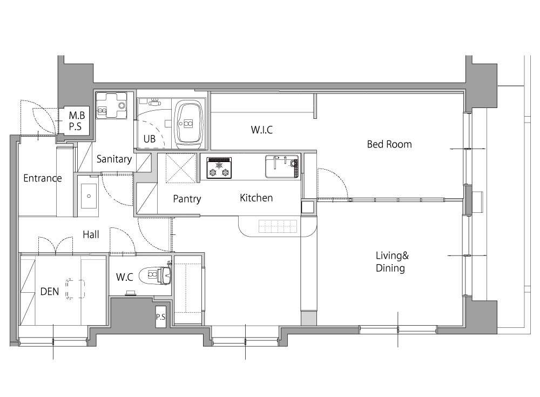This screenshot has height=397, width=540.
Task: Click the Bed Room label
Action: (x=389, y=144)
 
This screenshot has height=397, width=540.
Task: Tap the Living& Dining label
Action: (x=392, y=262)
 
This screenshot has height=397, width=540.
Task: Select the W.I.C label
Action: (x=262, y=130)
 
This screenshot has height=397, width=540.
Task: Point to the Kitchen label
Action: (x=256, y=198)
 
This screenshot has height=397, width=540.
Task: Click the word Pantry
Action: (x=187, y=199)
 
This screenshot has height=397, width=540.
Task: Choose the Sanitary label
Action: (x=114, y=159)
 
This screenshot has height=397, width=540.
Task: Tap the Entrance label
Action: (x=43, y=178)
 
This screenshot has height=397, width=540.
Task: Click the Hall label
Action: (x=91, y=234)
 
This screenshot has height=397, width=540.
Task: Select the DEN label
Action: (x=50, y=292)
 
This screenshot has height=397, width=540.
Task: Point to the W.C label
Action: (x=125, y=277)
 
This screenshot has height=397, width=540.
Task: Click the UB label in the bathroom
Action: (x=150, y=139)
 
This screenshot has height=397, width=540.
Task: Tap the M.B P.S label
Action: (x=77, y=120)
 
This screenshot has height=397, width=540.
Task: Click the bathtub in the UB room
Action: (x=188, y=124)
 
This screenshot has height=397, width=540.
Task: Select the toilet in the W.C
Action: (x=156, y=275)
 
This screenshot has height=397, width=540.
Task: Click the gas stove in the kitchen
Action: (x=219, y=168)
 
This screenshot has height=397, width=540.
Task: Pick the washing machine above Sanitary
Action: (x=112, y=105)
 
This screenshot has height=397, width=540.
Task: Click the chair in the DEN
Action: (x=75, y=289)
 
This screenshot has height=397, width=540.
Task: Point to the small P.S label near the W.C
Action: (x=160, y=317)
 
